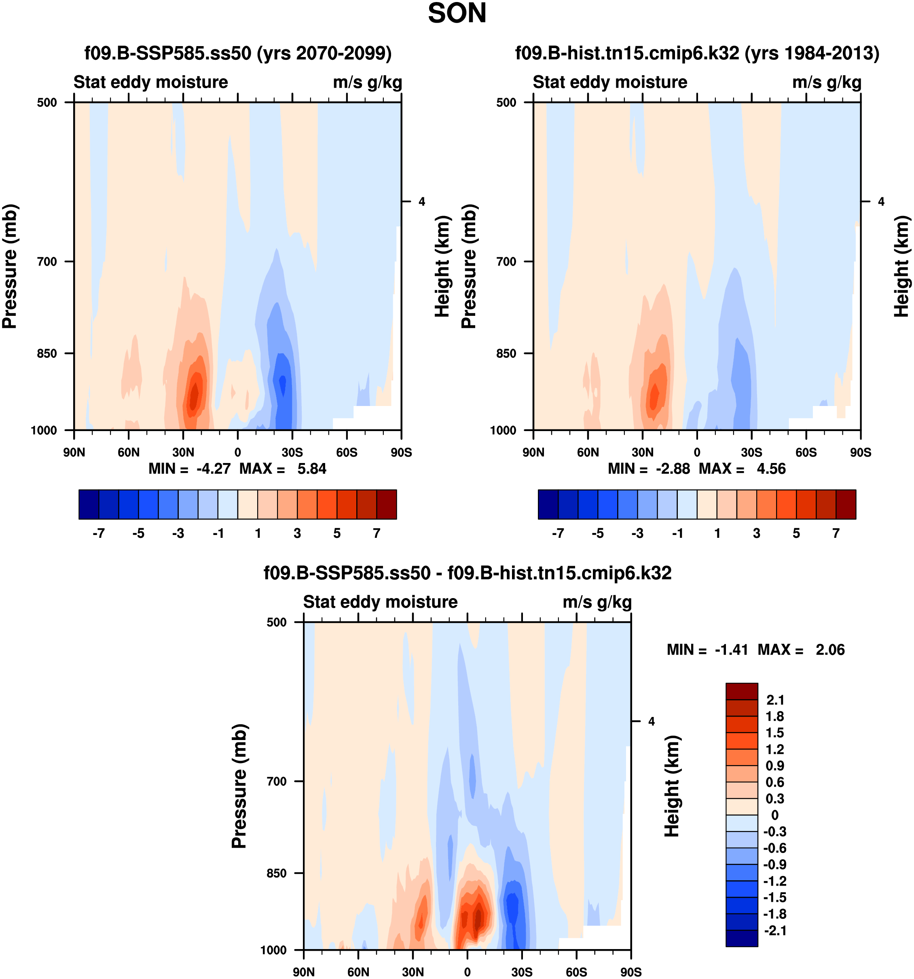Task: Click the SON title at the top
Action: [x=457, y=13]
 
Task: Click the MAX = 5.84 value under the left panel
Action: [x=283, y=468]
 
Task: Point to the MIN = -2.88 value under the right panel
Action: [x=649, y=468]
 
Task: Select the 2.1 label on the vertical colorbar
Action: [x=775, y=700]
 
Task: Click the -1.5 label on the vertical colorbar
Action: [x=774, y=897]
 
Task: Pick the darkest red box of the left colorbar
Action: [x=386, y=504]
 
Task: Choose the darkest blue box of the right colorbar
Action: [x=548, y=504]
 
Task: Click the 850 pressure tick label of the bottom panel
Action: [x=276, y=873]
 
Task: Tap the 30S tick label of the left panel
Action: [x=292, y=452]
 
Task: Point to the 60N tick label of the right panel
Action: [x=588, y=452]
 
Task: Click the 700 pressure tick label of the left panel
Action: [x=47, y=262]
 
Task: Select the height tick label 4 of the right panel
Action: [x=881, y=201]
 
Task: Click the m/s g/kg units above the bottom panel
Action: [x=597, y=602]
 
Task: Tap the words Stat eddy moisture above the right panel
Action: [x=609, y=82]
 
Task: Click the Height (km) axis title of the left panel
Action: [x=442, y=266]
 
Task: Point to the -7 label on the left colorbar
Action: [x=99, y=533]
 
